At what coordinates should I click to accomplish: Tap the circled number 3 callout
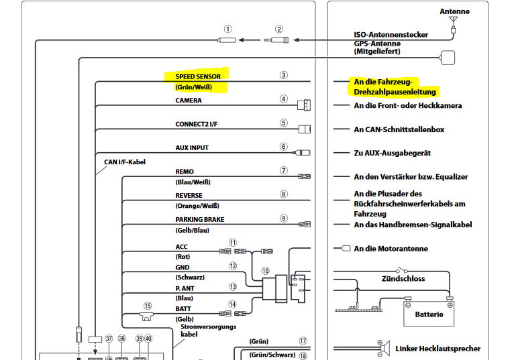(x=284, y=76)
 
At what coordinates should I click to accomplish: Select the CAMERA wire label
(x=189, y=101)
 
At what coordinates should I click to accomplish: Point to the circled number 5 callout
(x=284, y=123)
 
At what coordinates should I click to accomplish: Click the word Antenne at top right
(x=454, y=11)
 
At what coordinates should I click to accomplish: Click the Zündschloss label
(x=403, y=278)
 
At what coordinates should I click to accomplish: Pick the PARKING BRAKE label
(x=200, y=219)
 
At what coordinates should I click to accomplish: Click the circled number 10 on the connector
(x=266, y=271)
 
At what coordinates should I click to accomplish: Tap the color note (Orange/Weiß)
(x=197, y=206)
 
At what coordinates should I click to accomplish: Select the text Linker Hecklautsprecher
(x=437, y=349)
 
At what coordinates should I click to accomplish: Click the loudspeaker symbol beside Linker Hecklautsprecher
(x=384, y=349)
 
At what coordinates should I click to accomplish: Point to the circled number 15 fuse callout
(x=146, y=304)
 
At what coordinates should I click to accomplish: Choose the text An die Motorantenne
(x=391, y=249)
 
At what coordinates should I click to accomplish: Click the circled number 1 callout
(x=228, y=29)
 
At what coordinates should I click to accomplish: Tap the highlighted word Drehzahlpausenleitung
(x=395, y=92)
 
